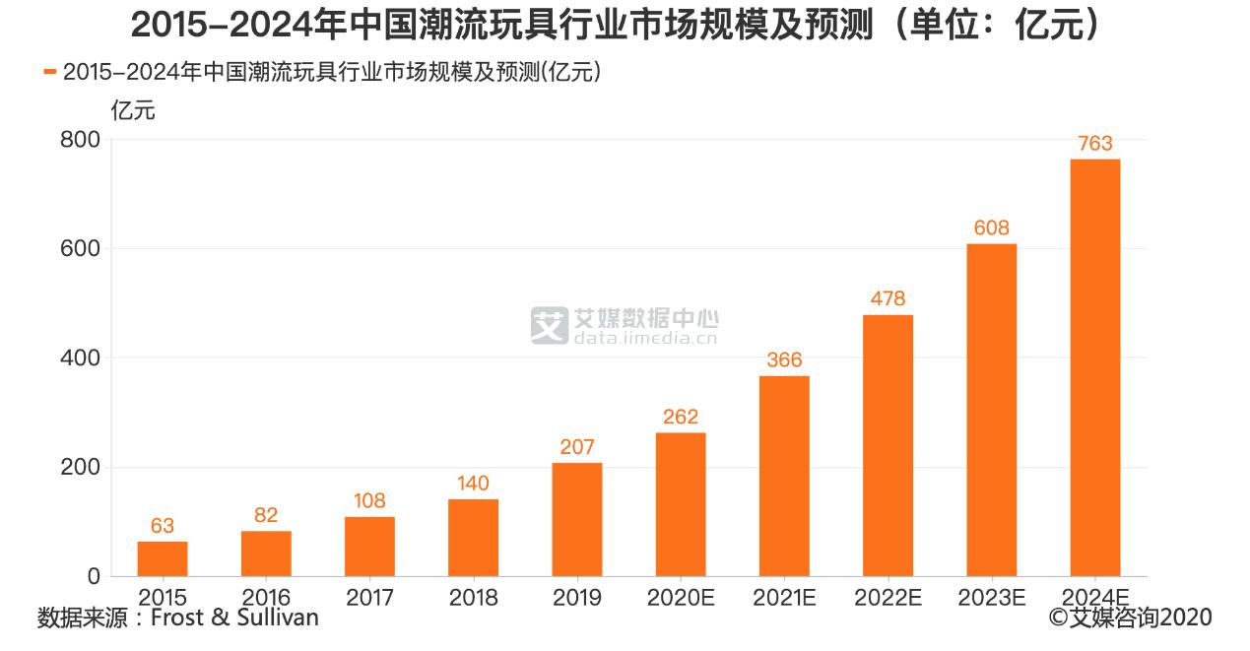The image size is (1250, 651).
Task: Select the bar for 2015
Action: click(163, 558)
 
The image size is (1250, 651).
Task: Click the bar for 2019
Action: click(577, 519)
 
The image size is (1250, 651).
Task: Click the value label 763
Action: click(1094, 144)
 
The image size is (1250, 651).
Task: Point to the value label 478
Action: click(888, 298)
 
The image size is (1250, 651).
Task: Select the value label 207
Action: click(577, 447)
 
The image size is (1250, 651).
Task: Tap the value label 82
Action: click(266, 515)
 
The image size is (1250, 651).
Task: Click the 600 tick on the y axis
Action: click(80, 249)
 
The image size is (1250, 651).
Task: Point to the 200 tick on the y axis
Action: click(80, 467)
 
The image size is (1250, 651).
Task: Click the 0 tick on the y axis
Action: click(93, 576)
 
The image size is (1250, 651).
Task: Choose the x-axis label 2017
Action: click(369, 598)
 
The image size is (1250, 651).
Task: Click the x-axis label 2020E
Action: click(681, 598)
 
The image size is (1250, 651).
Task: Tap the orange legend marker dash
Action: click(50, 72)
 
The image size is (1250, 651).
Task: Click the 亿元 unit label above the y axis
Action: click(134, 110)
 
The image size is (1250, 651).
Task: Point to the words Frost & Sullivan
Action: click(234, 618)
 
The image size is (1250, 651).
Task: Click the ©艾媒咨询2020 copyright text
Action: click(1130, 618)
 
